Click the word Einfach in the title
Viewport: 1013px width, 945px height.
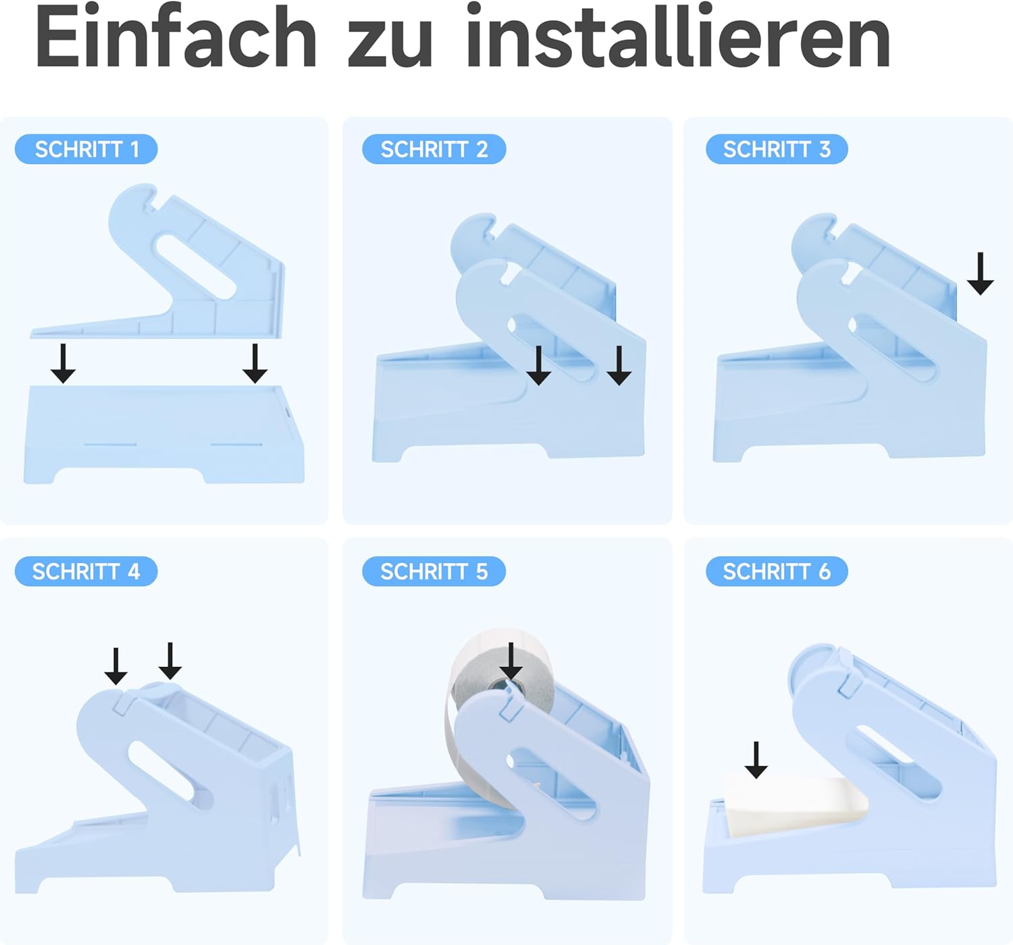176,36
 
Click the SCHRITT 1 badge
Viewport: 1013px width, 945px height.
86,149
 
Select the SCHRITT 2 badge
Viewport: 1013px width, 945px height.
434,149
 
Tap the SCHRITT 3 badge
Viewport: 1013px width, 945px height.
777,149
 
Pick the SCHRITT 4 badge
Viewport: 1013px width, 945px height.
86,571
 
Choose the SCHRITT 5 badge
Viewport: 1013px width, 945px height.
434,571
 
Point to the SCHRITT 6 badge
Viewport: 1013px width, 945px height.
777,571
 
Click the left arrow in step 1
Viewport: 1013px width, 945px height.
63,363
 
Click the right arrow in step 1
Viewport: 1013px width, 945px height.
255,363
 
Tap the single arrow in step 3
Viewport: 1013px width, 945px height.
981,273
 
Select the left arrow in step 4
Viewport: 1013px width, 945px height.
115,666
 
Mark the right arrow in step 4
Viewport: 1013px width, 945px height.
170,661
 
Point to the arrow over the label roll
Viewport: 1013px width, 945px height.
511,661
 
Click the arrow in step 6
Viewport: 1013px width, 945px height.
756,760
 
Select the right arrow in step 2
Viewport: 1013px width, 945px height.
619,365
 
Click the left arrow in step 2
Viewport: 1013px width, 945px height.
539,365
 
